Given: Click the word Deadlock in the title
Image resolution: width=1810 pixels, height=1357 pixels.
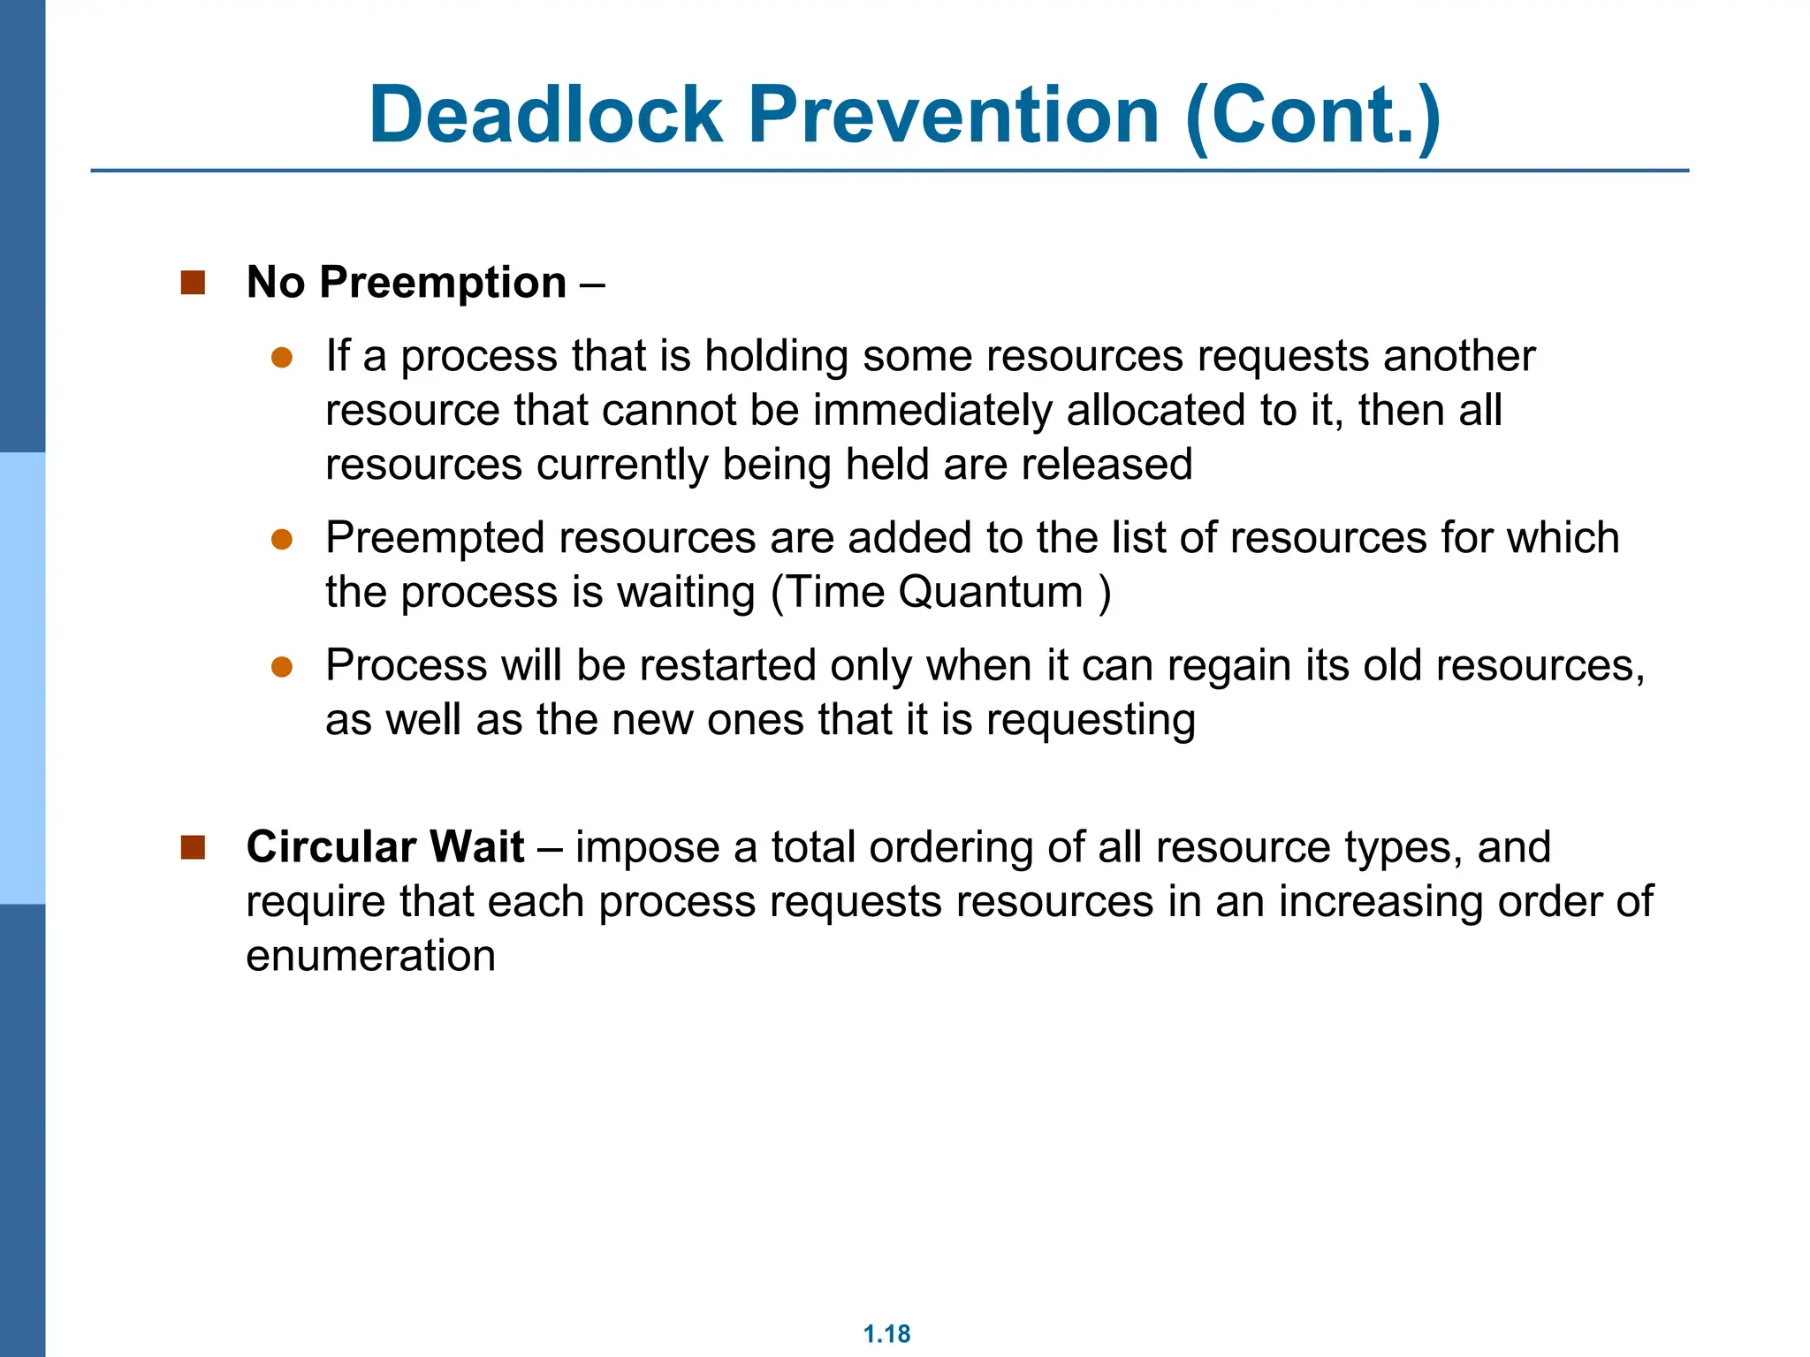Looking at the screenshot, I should (545, 115).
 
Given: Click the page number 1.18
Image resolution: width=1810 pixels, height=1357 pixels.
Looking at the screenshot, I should (886, 1334).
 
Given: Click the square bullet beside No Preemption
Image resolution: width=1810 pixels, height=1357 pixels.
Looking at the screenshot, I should (193, 283).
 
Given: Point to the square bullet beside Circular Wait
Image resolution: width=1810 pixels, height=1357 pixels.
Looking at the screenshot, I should (193, 847).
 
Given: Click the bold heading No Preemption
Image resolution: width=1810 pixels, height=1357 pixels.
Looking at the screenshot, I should (407, 283).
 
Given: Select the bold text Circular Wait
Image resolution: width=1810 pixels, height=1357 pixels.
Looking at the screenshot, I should (385, 847).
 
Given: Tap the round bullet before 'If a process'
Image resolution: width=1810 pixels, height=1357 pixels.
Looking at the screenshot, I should (282, 358).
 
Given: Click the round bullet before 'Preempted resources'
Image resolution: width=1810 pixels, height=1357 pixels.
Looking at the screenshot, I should (282, 540).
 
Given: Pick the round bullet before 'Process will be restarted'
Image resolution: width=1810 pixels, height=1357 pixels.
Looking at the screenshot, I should (282, 667).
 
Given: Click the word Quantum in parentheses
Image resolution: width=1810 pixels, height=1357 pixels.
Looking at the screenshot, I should (990, 593).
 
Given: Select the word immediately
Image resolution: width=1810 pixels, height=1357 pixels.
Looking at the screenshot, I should (932, 411).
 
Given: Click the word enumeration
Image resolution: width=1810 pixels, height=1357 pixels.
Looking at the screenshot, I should (370, 957).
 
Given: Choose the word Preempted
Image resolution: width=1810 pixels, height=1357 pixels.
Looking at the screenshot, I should (434, 539).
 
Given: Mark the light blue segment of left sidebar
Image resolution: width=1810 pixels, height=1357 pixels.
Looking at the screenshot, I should (22, 678).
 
